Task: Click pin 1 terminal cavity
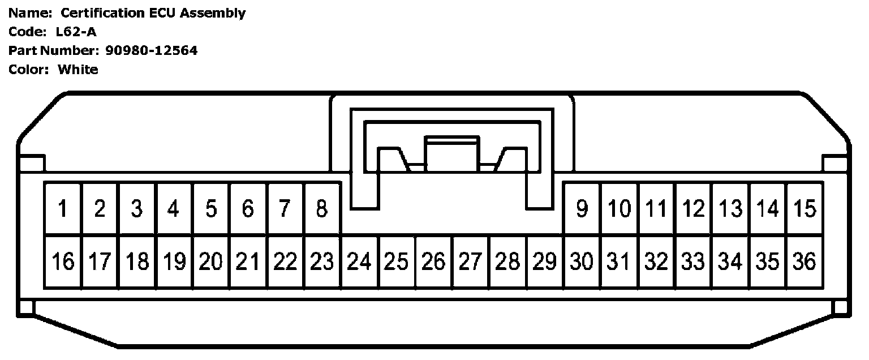[63, 209]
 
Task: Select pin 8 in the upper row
[322, 209]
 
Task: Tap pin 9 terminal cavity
[582, 209]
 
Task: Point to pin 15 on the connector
[805, 209]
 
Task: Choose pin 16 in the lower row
[63, 262]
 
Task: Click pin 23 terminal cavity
[322, 262]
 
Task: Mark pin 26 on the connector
[433, 262]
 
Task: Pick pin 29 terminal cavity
[544, 262]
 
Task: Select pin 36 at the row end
[805, 262]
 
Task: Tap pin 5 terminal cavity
[211, 209]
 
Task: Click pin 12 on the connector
[693, 209]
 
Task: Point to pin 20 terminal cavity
[211, 262]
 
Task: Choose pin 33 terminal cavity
[693, 262]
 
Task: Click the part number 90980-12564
[152, 50]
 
